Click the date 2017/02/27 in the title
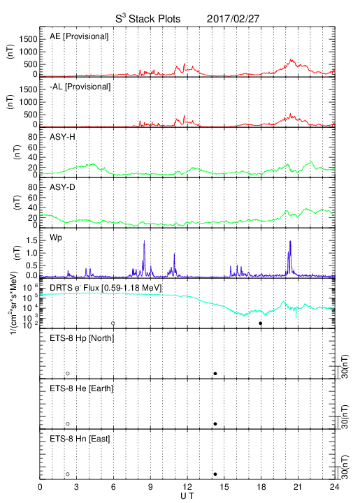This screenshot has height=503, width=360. pyautogui.click(x=233, y=19)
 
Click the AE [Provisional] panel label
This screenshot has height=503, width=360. pyautogui.click(x=79, y=36)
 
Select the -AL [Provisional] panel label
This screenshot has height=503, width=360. pyautogui.click(x=80, y=87)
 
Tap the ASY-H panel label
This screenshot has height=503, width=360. pyautogui.click(x=62, y=137)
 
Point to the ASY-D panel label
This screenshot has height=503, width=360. pyautogui.click(x=62, y=187)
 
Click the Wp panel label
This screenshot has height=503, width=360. pyautogui.click(x=56, y=238)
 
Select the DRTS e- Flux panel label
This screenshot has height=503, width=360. pyautogui.click(x=106, y=288)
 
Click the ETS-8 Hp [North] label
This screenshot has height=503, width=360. pyautogui.click(x=82, y=338)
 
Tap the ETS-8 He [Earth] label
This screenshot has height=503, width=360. pyautogui.click(x=82, y=388)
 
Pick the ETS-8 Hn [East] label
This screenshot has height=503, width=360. pyautogui.click(x=80, y=439)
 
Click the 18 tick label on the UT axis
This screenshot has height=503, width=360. pyautogui.click(x=261, y=487)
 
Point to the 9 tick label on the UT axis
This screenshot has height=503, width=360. pyautogui.click(x=150, y=487)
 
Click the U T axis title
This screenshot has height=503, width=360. pyautogui.click(x=187, y=496)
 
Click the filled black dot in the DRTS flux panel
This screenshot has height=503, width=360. pyautogui.click(x=261, y=323)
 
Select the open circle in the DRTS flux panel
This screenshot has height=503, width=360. pyautogui.click(x=113, y=323)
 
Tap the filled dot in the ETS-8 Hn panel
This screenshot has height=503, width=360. pyautogui.click(x=215, y=474)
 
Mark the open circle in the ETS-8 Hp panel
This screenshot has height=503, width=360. pyautogui.click(x=68, y=373)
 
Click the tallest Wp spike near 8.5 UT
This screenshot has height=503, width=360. pyautogui.click(x=144, y=241)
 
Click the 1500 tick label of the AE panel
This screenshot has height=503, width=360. pyautogui.click(x=28, y=39)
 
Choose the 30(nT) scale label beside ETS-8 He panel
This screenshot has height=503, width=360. pyautogui.click(x=345, y=417)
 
